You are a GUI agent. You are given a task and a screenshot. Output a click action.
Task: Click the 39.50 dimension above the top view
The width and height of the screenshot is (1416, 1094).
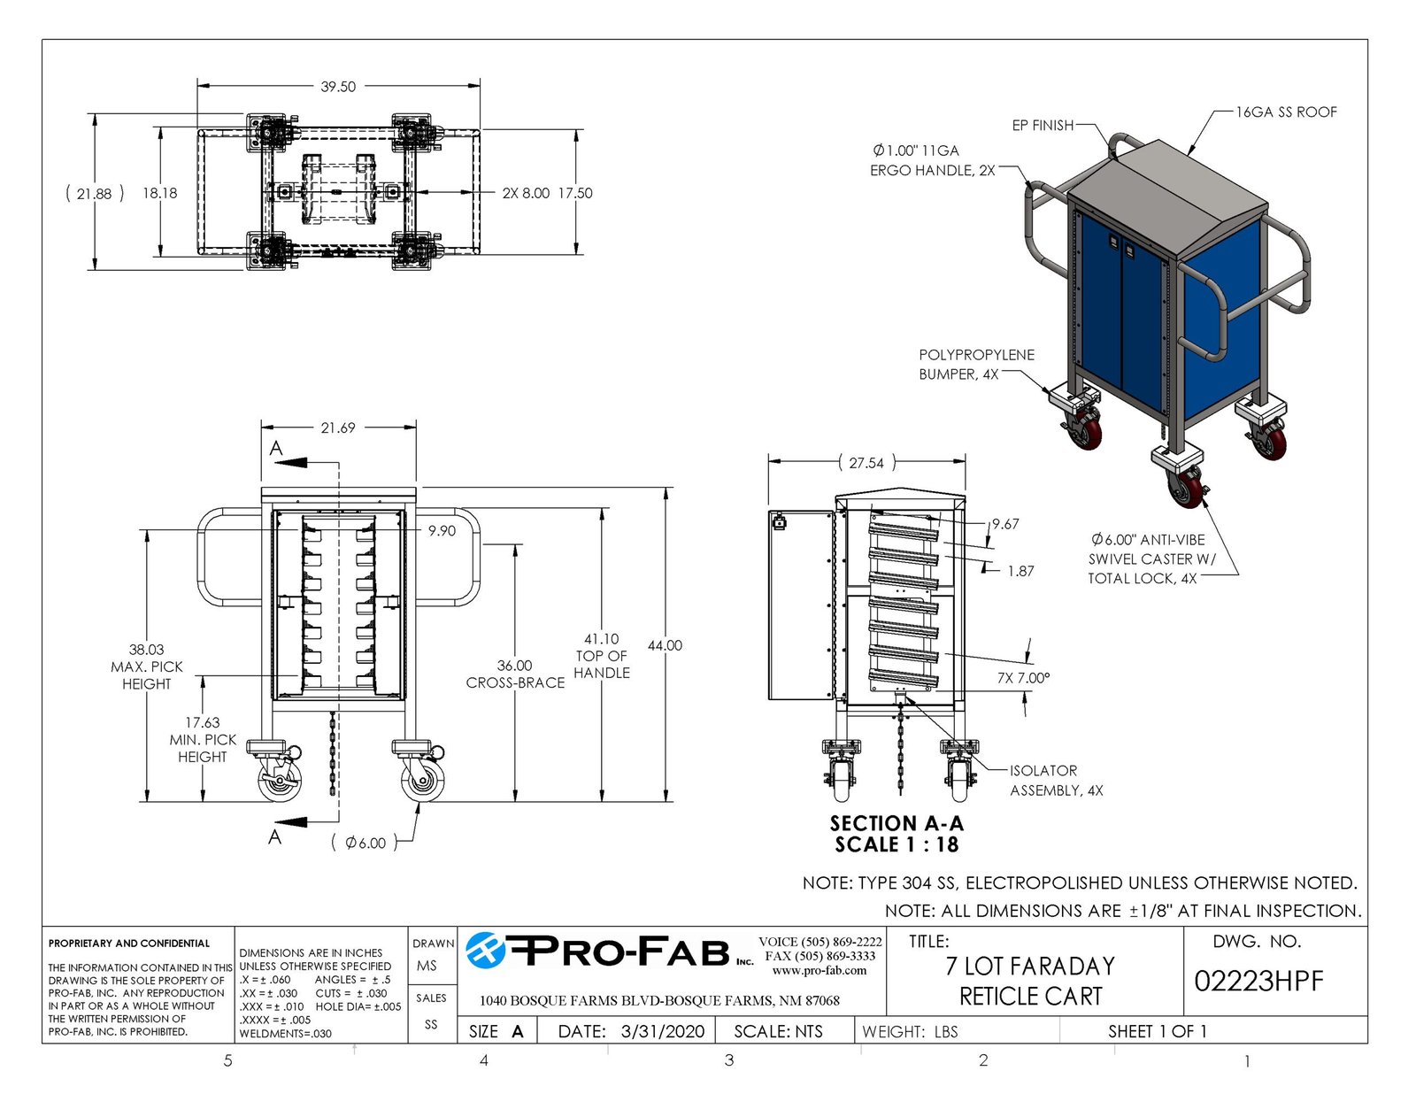337,87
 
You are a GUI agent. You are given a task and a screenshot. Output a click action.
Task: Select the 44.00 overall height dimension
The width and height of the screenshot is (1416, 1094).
665,646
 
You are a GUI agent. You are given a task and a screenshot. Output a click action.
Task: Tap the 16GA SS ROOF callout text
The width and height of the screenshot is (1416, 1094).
1286,112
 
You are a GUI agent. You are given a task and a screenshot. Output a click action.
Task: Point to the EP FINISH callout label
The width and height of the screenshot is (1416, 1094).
1043,125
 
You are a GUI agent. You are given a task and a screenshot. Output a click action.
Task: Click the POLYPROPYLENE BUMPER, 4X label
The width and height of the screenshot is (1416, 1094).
976,365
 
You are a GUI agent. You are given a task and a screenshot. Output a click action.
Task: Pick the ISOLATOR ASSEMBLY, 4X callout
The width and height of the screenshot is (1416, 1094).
1056,781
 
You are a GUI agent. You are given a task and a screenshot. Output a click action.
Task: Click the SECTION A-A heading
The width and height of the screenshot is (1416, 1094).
897,823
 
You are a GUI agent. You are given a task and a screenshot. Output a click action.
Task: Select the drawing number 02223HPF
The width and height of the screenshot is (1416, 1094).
1258,981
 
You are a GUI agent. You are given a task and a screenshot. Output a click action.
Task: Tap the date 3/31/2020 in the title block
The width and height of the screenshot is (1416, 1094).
663,1031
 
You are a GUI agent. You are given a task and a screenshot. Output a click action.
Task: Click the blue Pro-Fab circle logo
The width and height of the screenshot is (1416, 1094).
486,951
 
